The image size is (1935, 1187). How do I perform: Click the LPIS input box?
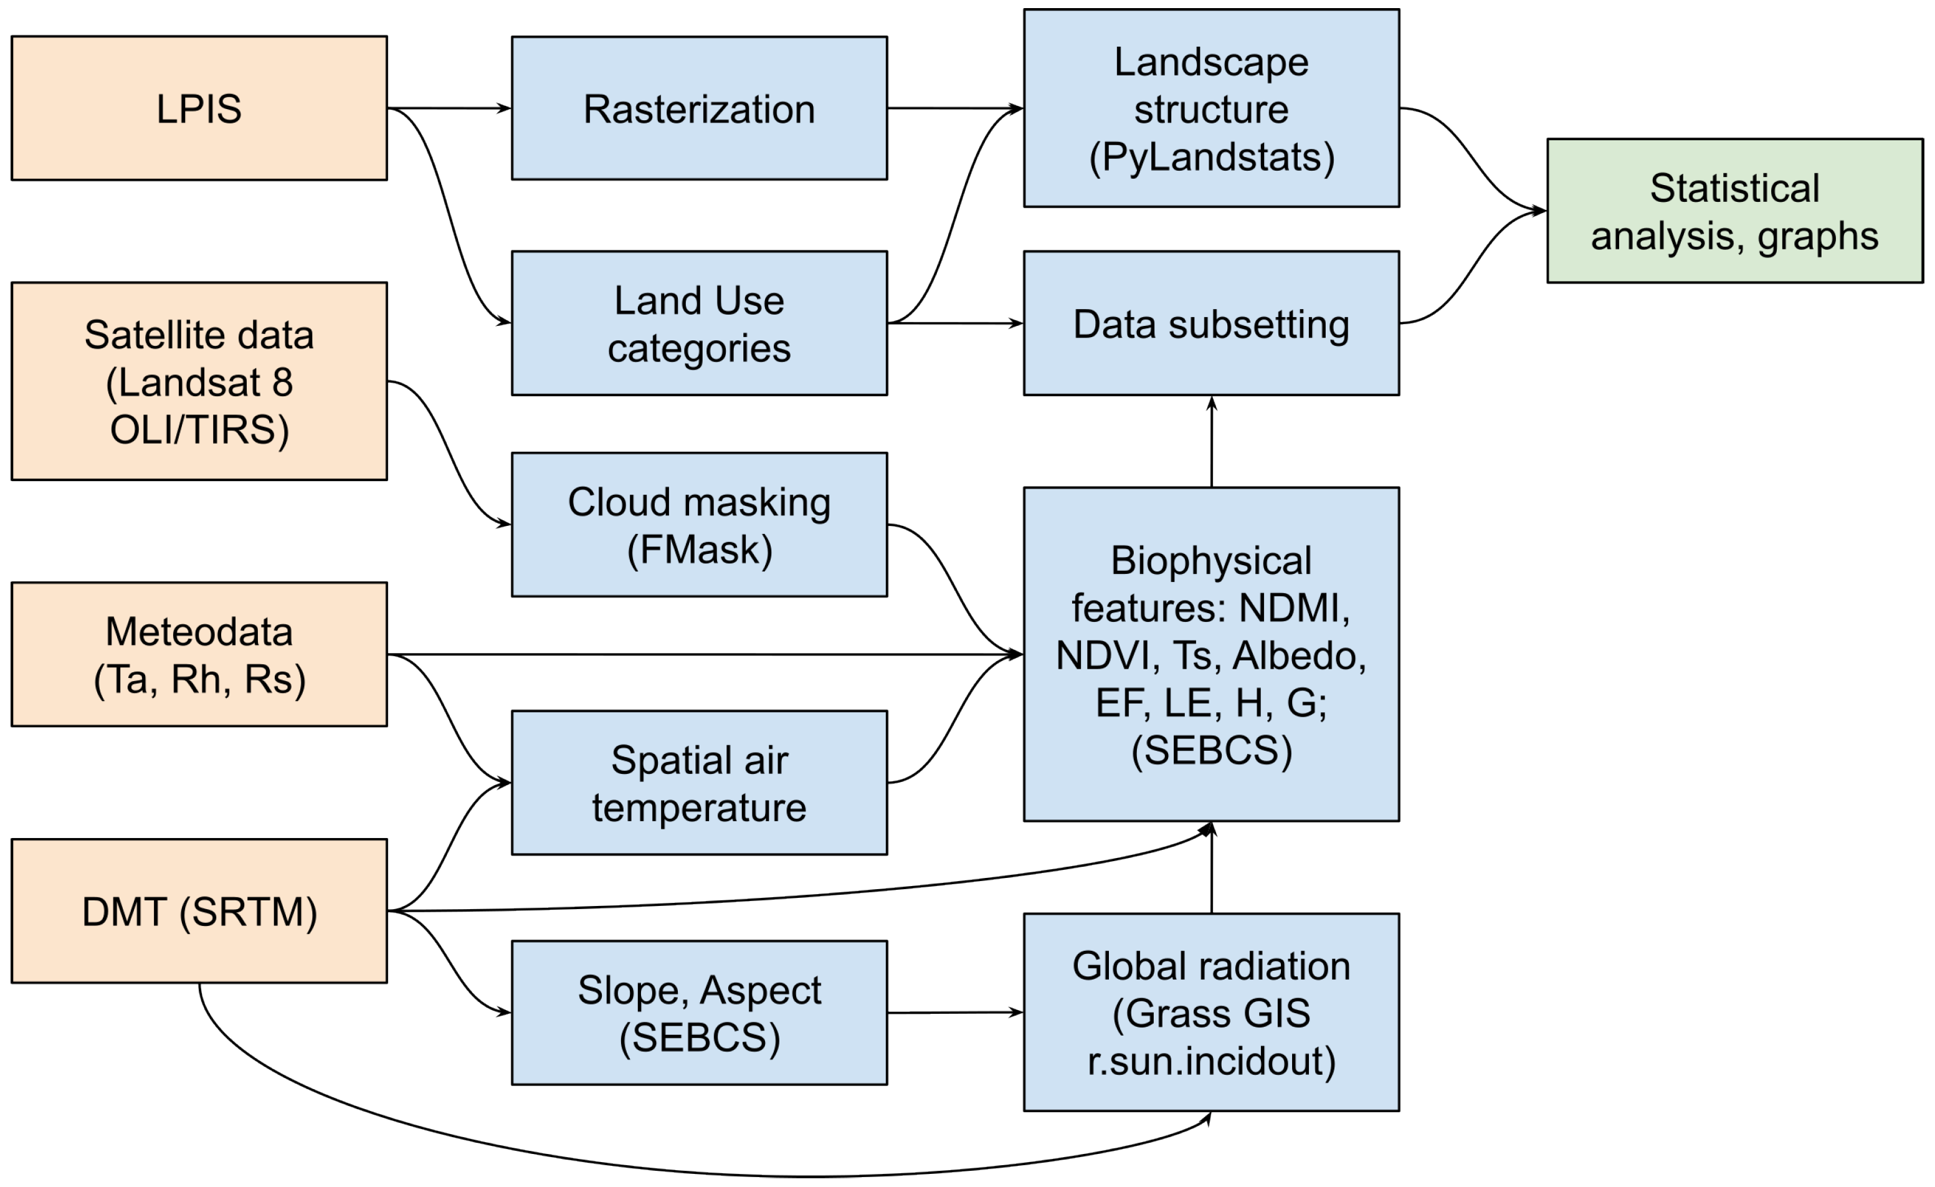click(199, 108)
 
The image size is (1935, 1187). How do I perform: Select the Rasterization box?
click(699, 108)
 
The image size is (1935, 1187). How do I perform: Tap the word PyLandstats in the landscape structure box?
click(1211, 157)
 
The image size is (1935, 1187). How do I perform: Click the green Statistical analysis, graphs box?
click(1734, 211)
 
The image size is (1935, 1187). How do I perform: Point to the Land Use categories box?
click(699, 323)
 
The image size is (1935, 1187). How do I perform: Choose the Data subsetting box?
click(1211, 323)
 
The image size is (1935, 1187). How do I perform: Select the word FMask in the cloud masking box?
click(699, 549)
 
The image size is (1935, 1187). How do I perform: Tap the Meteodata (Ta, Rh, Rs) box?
click(199, 654)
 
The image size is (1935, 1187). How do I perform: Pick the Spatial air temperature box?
click(699, 783)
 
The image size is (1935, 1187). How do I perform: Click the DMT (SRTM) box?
click(199, 911)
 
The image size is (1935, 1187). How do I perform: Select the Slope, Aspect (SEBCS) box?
click(699, 1013)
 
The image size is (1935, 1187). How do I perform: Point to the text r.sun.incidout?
click(1211, 1061)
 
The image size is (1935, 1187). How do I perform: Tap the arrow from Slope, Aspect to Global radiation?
click(954, 1013)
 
